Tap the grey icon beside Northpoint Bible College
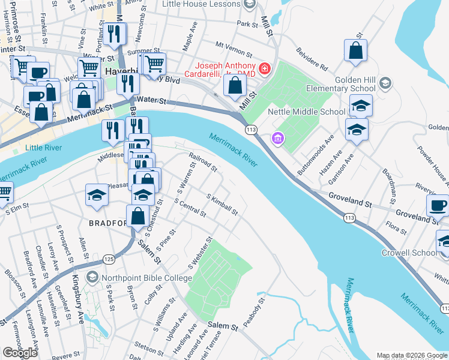pyautogui.click(x=92, y=277)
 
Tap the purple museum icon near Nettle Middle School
pyautogui.click(x=277, y=139)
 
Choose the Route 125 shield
pyautogui.click(x=108, y=259)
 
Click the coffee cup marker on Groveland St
pyautogui.click(x=438, y=205)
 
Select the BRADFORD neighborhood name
pyautogui.click(x=109, y=222)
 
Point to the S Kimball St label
pyautogui.click(x=222, y=205)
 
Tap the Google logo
pyautogui.click(x=20, y=353)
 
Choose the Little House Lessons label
pyautogui.click(x=201, y=4)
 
